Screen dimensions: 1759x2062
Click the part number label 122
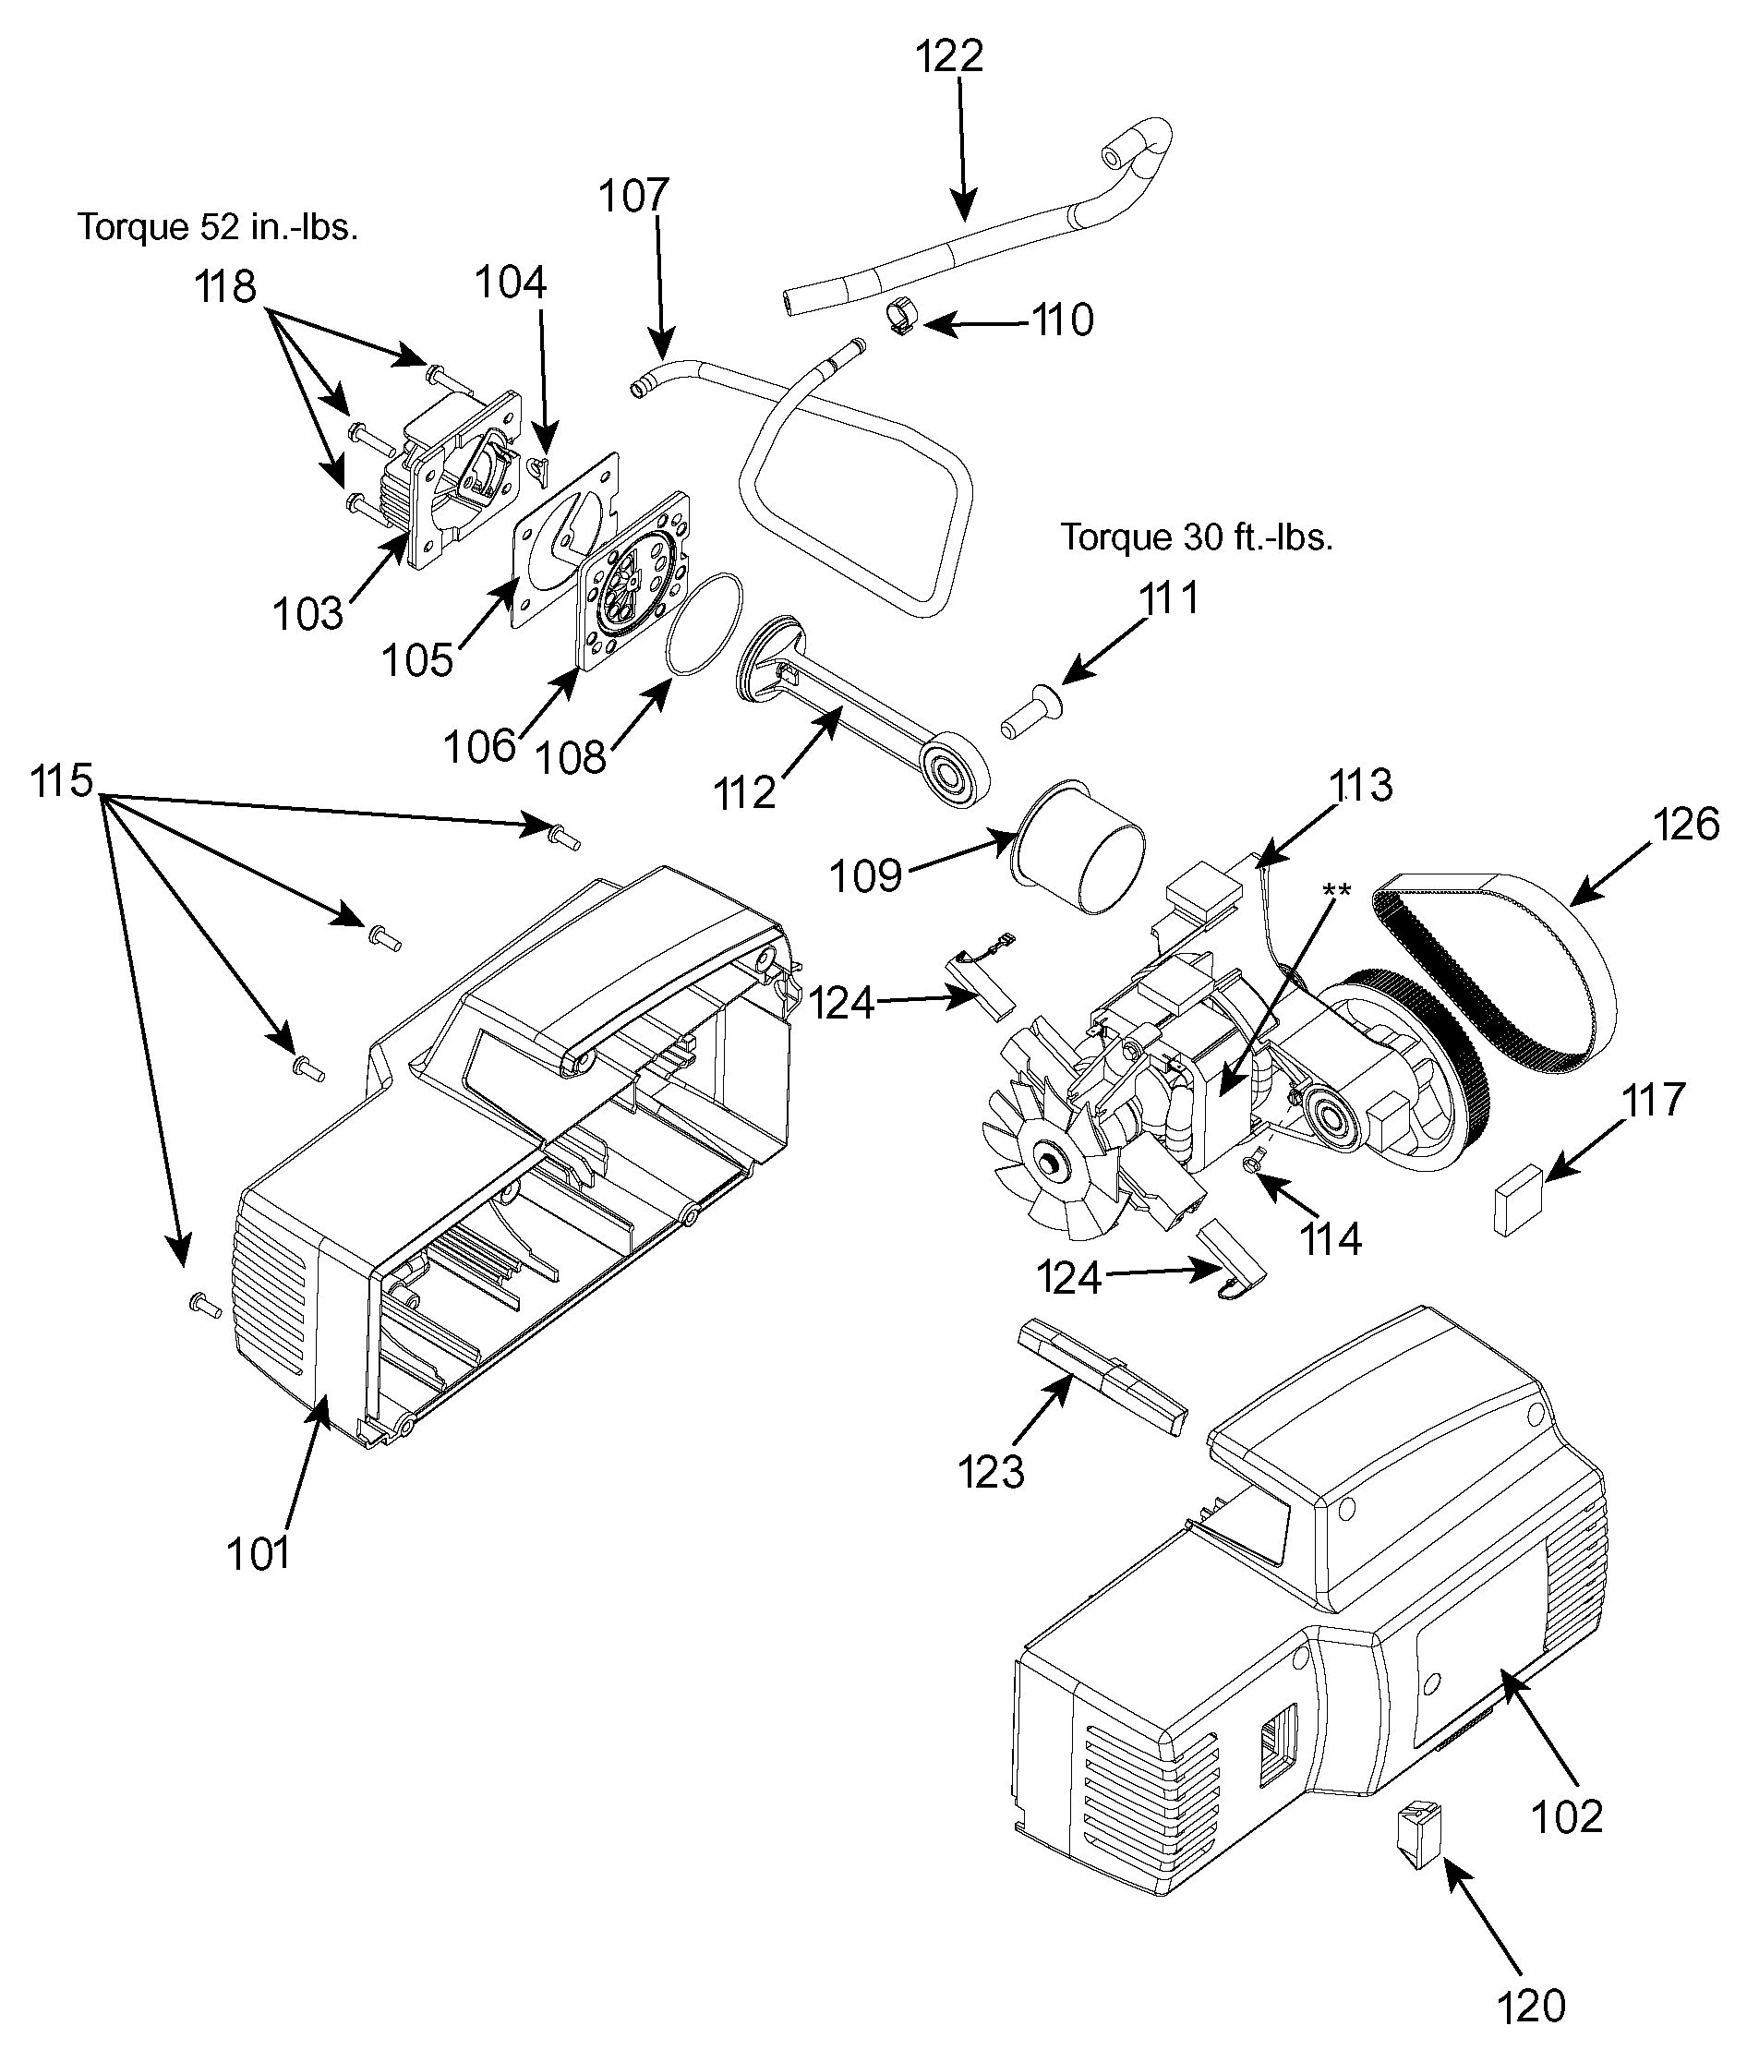pyautogui.click(x=949, y=55)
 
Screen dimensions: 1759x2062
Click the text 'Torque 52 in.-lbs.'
pyautogui.click(x=218, y=227)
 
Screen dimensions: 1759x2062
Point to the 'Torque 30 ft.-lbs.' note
pyautogui.click(x=1197, y=537)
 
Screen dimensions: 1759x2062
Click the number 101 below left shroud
pyautogui.click(x=259, y=1552)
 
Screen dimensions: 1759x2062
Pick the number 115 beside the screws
pyautogui.click(x=61, y=781)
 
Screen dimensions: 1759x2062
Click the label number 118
pyautogui.click(x=225, y=286)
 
